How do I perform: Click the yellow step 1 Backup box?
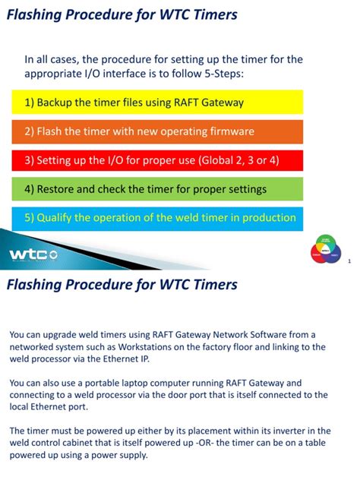(x=157, y=102)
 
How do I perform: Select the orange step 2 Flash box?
(x=157, y=131)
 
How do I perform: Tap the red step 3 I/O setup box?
(x=157, y=160)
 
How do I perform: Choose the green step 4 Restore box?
(x=157, y=189)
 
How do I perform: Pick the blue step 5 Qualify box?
(x=157, y=218)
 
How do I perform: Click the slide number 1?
(x=348, y=262)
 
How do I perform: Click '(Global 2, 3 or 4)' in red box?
(x=238, y=160)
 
